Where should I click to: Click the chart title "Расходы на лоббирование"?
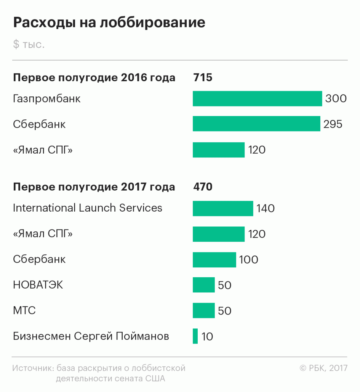click(x=109, y=22)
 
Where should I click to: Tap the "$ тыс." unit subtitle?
click(x=29, y=44)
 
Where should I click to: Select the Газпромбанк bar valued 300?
click(x=257, y=99)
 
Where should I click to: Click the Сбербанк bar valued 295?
click(x=256, y=124)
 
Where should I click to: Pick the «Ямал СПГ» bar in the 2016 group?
click(x=218, y=150)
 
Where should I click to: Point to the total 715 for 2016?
click(x=203, y=78)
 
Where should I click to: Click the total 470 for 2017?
click(x=203, y=187)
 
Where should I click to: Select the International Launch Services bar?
click(x=223, y=209)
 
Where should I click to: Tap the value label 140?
click(x=266, y=209)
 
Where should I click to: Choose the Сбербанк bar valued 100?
click(x=214, y=260)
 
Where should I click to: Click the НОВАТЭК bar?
click(x=204, y=285)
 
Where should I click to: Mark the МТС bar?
click(x=204, y=310)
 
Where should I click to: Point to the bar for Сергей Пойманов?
click(x=195, y=336)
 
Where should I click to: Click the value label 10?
click(x=207, y=337)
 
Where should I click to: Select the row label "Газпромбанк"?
click(x=47, y=99)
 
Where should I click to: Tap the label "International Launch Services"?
click(x=88, y=208)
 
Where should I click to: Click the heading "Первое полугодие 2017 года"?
click(x=94, y=187)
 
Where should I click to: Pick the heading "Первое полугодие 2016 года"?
click(x=94, y=78)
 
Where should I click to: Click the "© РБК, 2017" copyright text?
click(x=323, y=368)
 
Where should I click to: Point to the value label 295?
click(x=333, y=124)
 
